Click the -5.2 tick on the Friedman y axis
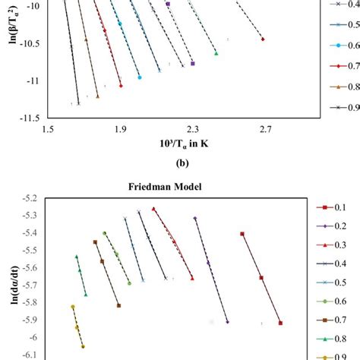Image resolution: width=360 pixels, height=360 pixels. (33, 198)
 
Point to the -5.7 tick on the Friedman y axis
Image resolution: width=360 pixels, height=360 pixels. (33, 286)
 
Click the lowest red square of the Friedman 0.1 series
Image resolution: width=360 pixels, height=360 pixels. (280, 323)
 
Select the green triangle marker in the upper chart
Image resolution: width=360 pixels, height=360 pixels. (216, 53)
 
